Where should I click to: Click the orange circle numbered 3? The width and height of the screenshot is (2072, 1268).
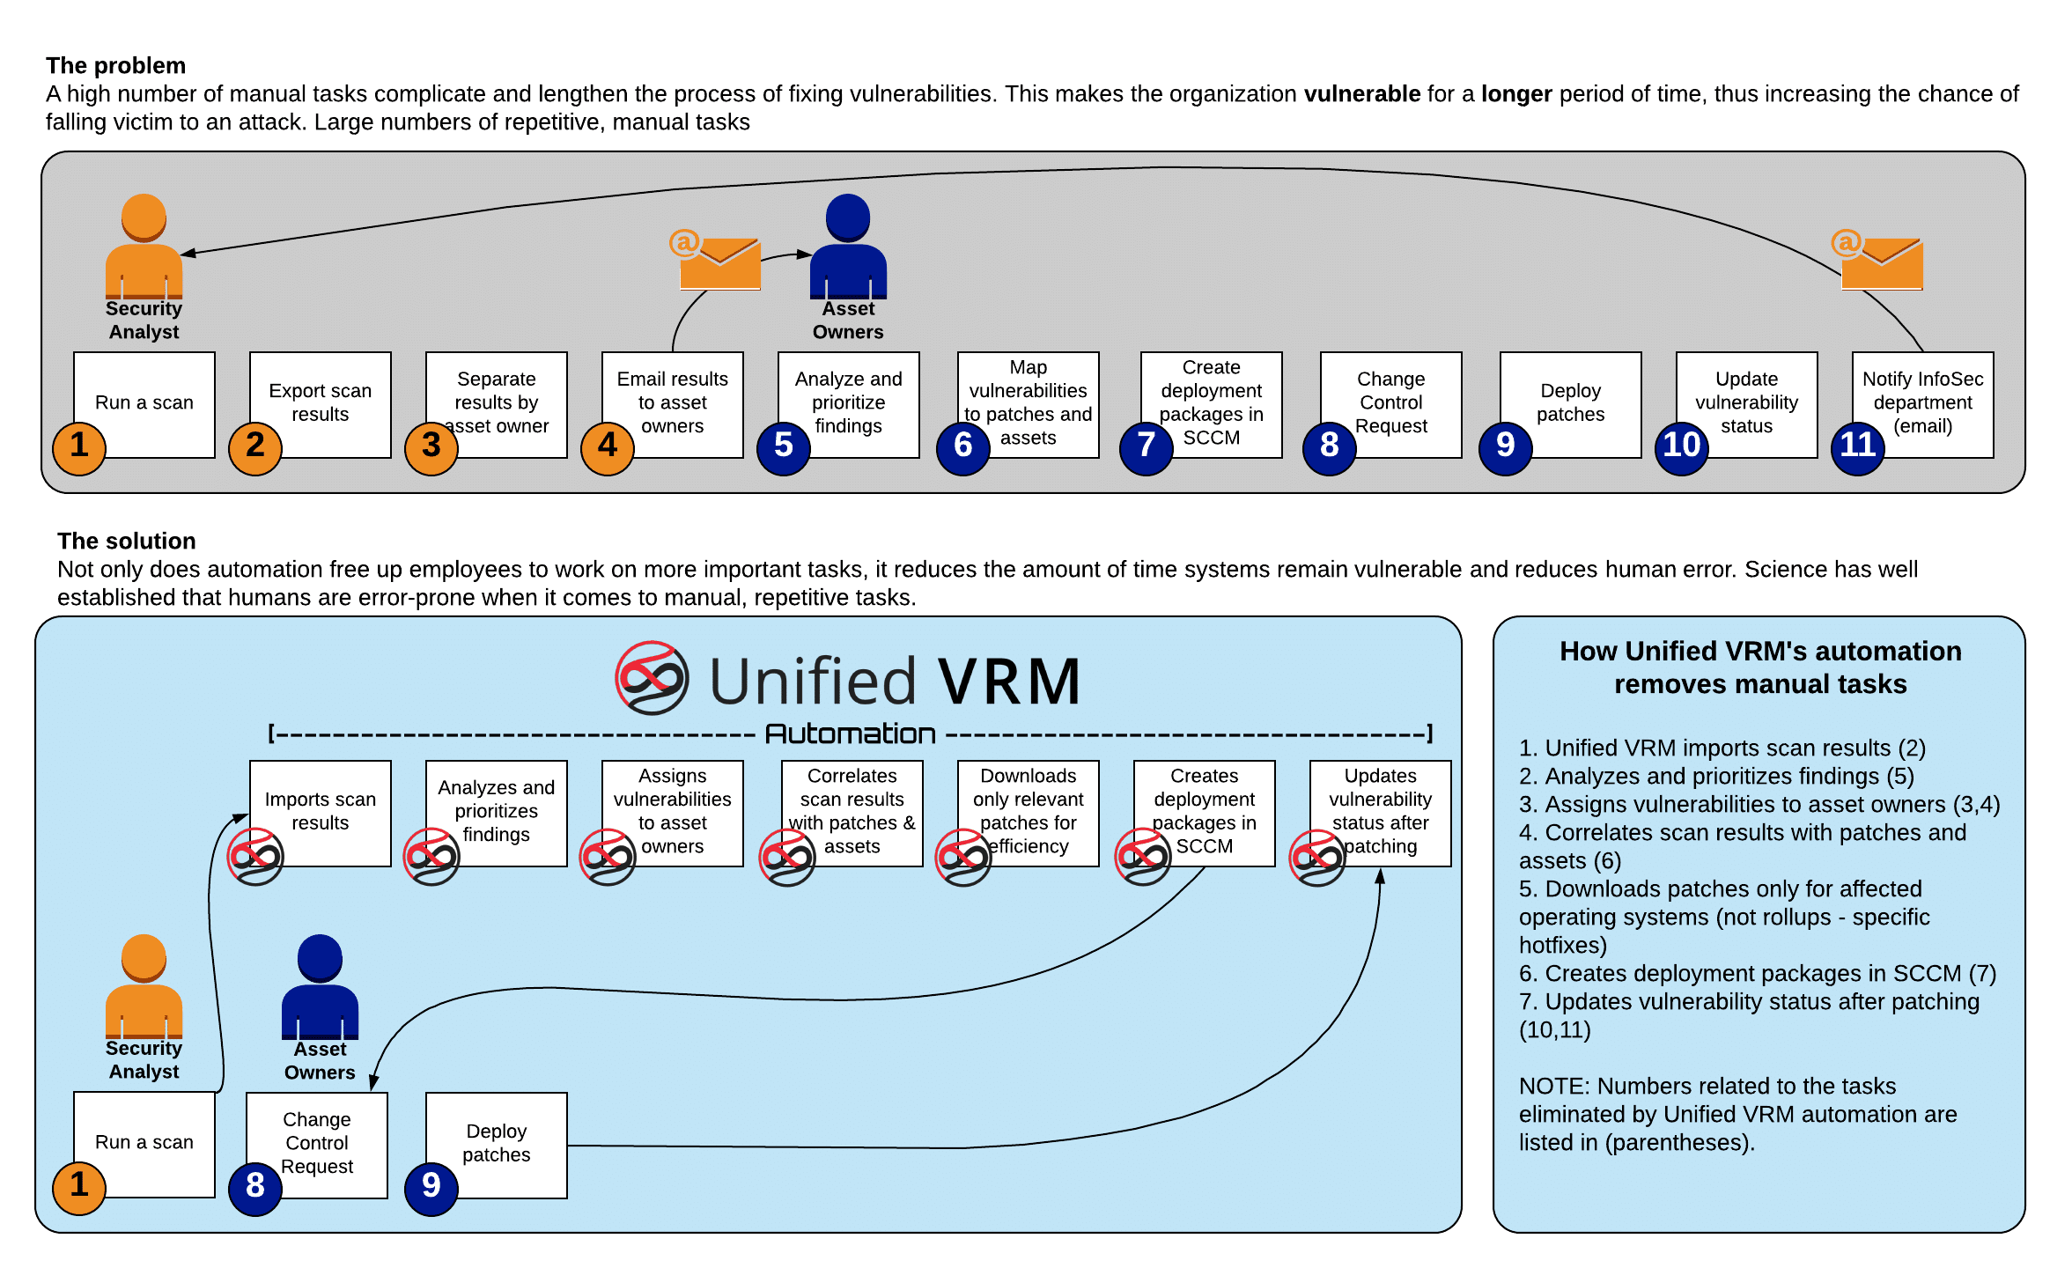tap(431, 448)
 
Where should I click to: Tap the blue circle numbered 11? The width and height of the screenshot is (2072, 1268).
tap(1858, 448)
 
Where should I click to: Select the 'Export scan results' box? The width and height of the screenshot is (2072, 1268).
tap(321, 405)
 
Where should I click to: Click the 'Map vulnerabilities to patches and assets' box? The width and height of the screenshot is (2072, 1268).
tap(1029, 405)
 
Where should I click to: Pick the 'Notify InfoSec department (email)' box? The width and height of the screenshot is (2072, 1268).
tap(1923, 405)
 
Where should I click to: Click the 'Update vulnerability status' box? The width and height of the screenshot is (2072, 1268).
tap(1747, 405)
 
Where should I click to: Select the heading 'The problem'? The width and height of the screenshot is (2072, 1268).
tap(116, 66)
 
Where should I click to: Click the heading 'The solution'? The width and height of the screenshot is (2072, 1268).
tap(127, 541)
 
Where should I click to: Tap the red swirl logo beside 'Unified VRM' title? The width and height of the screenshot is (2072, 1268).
tap(652, 678)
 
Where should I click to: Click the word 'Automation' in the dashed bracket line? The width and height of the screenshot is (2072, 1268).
tap(850, 734)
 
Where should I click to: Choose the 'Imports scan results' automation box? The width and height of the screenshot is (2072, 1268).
tap(321, 814)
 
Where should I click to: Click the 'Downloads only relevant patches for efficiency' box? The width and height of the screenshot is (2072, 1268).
tap(1029, 814)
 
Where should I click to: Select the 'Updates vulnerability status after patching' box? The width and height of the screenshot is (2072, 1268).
tap(1381, 814)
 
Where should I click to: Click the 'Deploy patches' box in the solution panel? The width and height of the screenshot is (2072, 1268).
tap(497, 1146)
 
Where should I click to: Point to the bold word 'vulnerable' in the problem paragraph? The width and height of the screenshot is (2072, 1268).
tap(1362, 94)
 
